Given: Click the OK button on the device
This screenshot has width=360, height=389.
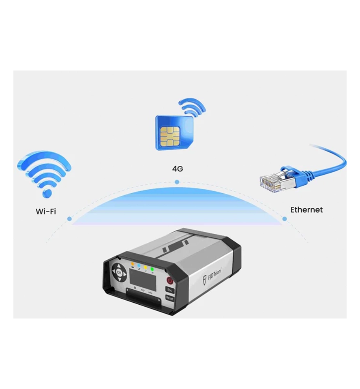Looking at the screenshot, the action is point(119,273).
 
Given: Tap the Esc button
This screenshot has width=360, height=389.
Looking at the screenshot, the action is point(170,290).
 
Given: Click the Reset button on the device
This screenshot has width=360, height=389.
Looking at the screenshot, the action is point(169,298).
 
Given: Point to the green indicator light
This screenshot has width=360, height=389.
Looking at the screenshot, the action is point(152,269).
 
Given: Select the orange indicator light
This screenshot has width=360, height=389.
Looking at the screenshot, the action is point(132,264).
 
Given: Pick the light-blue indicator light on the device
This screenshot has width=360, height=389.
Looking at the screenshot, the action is point(139,265).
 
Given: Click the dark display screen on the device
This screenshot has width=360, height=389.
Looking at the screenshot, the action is point(143,280).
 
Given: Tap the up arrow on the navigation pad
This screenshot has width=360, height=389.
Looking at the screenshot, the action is point(119,266).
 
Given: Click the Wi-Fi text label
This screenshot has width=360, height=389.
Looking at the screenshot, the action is point(46,212).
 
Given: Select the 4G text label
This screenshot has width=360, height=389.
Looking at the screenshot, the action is point(178,169).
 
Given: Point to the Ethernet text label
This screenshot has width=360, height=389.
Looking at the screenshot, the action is point(306,209).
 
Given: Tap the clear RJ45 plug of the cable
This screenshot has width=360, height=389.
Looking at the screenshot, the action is point(271,182).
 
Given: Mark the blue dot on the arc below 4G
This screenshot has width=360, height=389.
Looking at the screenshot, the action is point(177,182).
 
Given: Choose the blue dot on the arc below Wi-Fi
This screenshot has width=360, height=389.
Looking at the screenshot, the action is point(69,218).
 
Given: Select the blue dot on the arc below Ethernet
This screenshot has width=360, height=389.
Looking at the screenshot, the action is point(285,219).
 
